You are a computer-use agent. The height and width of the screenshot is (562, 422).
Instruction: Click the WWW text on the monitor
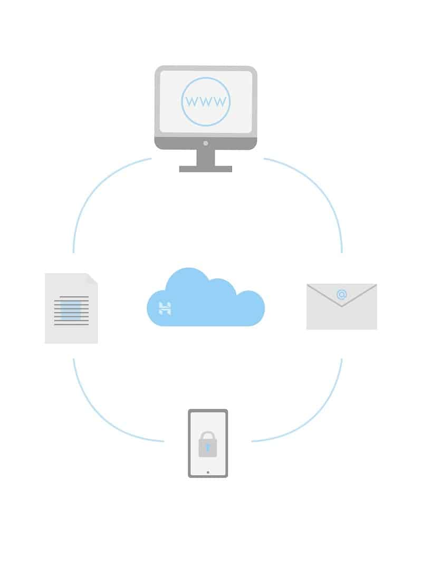206,102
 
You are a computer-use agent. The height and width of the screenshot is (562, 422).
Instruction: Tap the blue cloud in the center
206,297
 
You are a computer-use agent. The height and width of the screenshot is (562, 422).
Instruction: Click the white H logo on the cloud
165,308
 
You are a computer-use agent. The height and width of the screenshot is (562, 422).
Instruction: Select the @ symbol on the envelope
342,295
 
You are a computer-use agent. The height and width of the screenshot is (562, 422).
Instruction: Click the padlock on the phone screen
208,444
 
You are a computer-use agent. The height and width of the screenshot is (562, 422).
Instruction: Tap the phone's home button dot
208,472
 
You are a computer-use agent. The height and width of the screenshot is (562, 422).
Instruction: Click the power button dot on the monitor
205,143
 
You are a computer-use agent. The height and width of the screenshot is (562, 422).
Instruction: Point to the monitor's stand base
205,169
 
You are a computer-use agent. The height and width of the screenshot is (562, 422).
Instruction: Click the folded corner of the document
92,279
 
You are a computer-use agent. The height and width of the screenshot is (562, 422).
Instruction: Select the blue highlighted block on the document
71,311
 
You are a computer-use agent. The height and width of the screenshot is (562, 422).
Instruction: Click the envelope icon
342,306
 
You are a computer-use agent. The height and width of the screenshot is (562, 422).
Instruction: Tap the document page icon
71,308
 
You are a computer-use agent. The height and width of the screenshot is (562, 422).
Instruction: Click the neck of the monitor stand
205,158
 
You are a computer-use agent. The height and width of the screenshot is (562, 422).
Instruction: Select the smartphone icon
208,443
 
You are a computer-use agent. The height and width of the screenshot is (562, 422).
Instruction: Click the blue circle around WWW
206,101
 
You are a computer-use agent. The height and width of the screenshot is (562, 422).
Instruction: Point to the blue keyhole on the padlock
208,448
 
